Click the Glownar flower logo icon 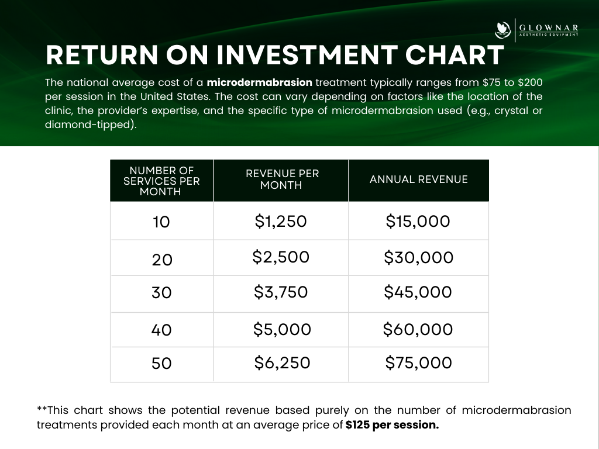point(502,30)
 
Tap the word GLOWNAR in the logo point(549,28)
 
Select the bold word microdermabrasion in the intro point(259,82)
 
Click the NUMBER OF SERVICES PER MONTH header point(161,181)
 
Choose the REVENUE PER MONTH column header point(282,179)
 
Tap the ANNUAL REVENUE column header point(418,179)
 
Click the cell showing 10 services point(161,222)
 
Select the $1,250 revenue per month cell point(281,221)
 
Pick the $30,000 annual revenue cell point(418,257)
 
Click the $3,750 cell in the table point(281,292)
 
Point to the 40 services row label point(161,330)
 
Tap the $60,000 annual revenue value point(418,329)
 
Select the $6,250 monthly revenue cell point(282,362)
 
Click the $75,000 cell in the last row point(418,362)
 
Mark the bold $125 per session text point(392,425)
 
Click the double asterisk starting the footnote point(42,409)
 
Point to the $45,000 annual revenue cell point(418,292)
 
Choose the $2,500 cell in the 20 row point(281,257)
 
